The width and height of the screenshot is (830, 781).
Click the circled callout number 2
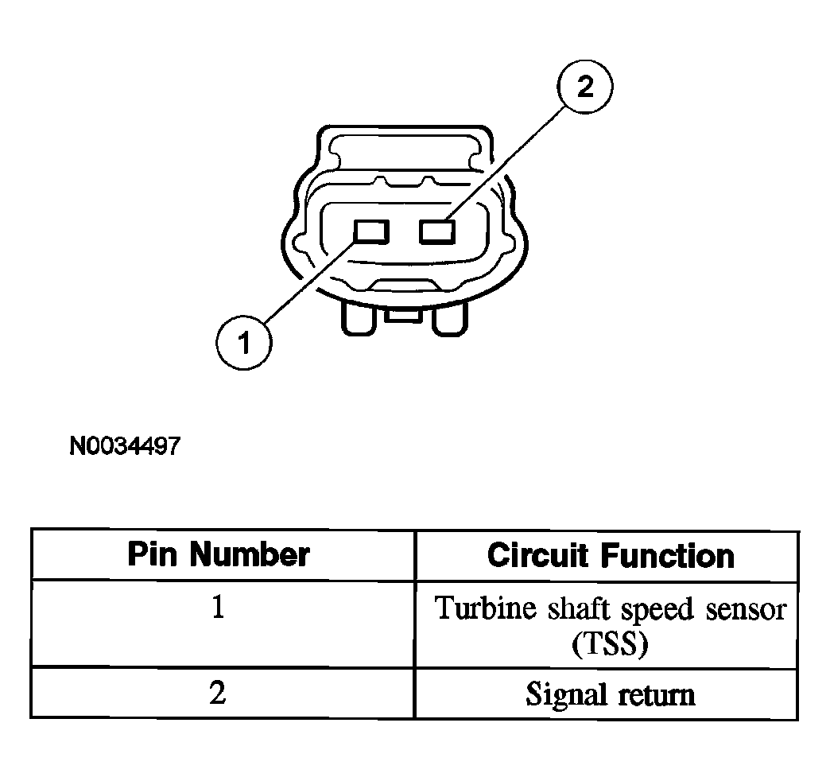tap(585, 87)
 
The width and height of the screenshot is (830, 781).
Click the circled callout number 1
tap(243, 342)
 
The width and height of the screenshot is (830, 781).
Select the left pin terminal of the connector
tap(371, 232)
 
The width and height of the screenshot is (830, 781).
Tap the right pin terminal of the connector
tap(437, 232)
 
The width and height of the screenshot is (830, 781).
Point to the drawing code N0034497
tap(125, 446)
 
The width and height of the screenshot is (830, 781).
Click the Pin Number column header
tap(219, 554)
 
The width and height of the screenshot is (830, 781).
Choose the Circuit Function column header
tap(611, 555)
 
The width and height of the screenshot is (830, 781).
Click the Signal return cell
tap(607, 694)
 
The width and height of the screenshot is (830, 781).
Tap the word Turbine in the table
tap(486, 608)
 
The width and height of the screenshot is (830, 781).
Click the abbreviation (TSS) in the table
tap(610, 644)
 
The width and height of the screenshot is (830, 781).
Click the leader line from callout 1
tap(309, 282)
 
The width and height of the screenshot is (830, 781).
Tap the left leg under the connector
tap(359, 319)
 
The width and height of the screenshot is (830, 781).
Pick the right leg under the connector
tap(450, 319)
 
